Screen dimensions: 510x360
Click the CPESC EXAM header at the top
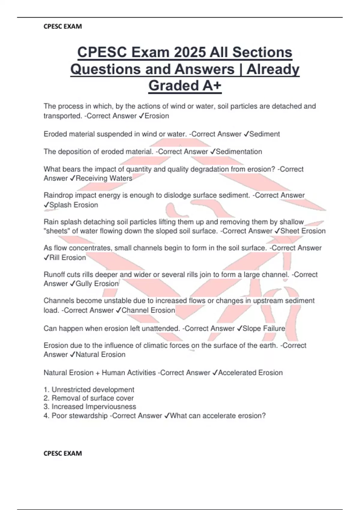coord(63,26)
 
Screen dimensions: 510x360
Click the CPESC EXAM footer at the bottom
coord(63,453)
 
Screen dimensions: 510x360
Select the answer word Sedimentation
coord(239,152)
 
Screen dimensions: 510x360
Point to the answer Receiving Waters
coord(104,178)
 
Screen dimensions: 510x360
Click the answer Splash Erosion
coord(73,205)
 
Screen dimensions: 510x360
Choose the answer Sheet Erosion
coord(303,231)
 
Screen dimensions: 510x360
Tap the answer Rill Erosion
coord(67,258)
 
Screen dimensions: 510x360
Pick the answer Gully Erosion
coord(97,284)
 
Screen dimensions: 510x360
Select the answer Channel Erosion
coord(148,310)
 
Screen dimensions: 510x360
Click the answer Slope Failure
coord(263,328)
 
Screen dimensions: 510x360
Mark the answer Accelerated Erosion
coord(250,373)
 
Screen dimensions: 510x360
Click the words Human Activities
coord(129,373)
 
